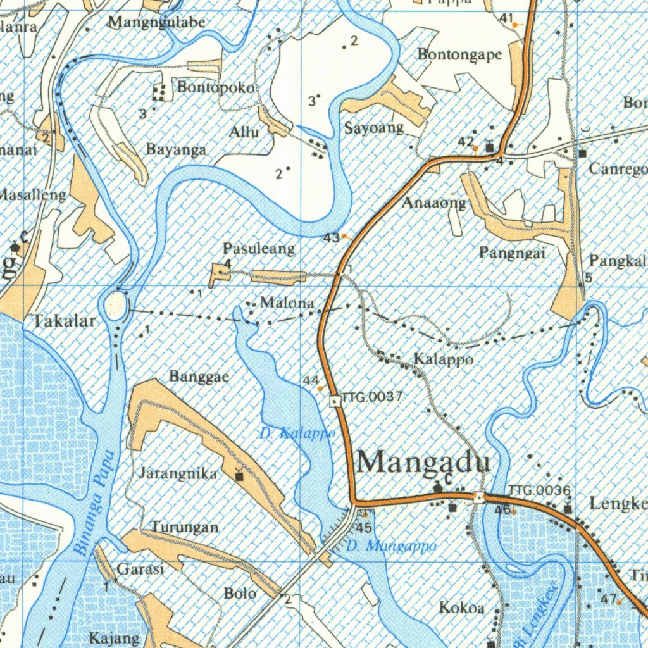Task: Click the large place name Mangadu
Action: coord(423,462)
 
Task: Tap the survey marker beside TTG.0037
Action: coord(335,401)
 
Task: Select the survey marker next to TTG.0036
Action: coord(480,497)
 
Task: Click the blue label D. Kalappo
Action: coord(297,434)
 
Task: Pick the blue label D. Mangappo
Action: coord(392,545)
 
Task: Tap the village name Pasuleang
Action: coord(258,249)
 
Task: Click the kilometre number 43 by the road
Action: coord(330,237)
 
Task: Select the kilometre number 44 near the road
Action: coord(310,380)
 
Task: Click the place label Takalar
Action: coord(65,321)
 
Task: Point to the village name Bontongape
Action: coord(459,54)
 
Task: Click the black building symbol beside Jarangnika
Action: coord(239,475)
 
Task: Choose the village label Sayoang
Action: coord(373,128)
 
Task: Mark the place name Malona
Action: coord(287,303)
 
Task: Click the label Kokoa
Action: coord(462,607)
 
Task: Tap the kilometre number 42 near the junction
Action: coord(466,140)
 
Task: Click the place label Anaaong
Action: coord(434,203)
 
